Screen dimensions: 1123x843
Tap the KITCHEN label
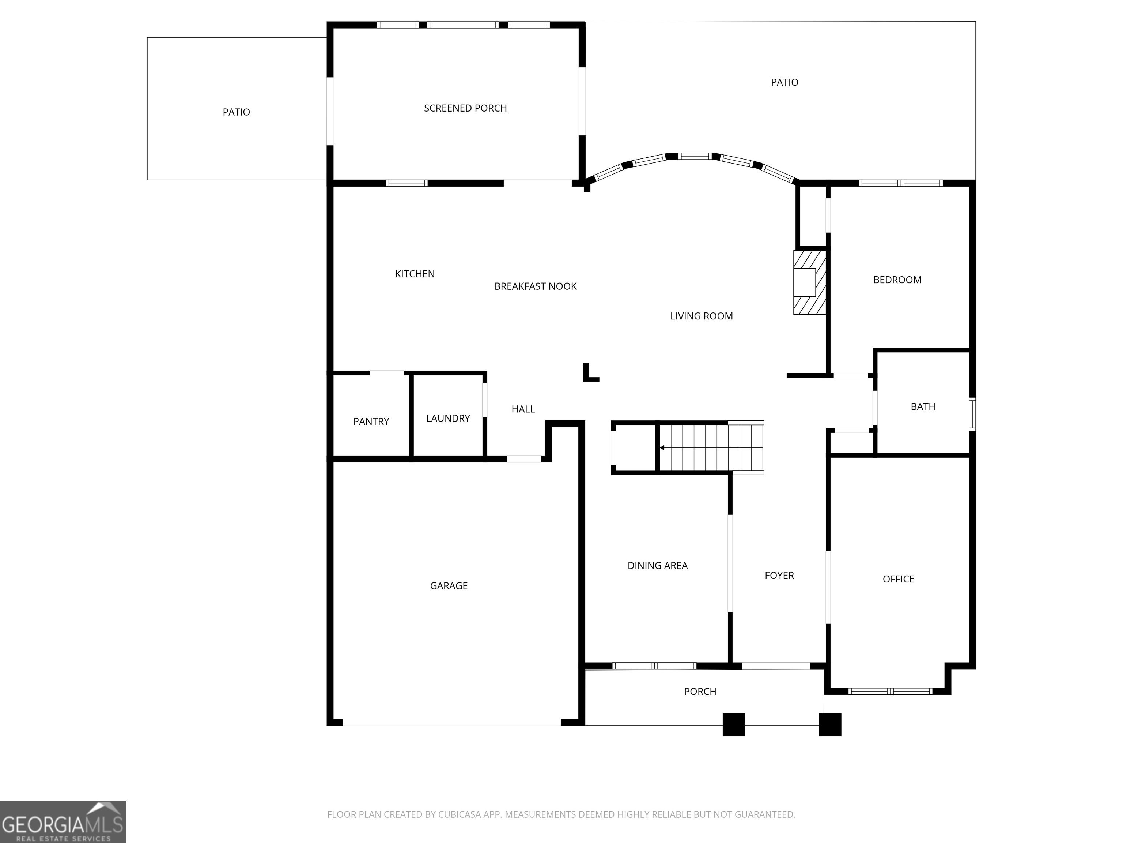coord(415,274)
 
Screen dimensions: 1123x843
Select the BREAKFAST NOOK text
coord(536,286)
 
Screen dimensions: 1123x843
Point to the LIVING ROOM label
coord(702,316)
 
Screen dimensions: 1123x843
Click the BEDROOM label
coord(897,280)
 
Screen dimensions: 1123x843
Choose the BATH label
coord(923,406)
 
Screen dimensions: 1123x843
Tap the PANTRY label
coord(371,421)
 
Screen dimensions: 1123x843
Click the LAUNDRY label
coord(448,418)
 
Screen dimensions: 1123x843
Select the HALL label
coord(523,409)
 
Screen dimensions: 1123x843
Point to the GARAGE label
coord(449,586)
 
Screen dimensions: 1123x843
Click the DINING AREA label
coord(657,566)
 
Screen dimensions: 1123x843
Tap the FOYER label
coord(779,575)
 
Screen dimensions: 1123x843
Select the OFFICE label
coord(898,579)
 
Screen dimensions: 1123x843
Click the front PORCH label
coord(700,692)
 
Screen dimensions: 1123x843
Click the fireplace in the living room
coord(810,282)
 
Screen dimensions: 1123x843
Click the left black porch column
coord(734,724)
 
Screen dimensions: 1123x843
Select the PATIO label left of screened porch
coord(236,112)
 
